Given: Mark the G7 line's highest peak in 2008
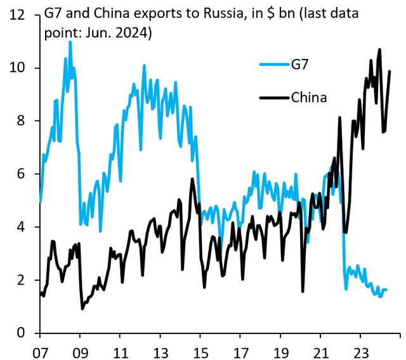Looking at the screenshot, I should pyautogui.click(x=70, y=42).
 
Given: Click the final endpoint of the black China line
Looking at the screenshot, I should pyautogui.click(x=390, y=71).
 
